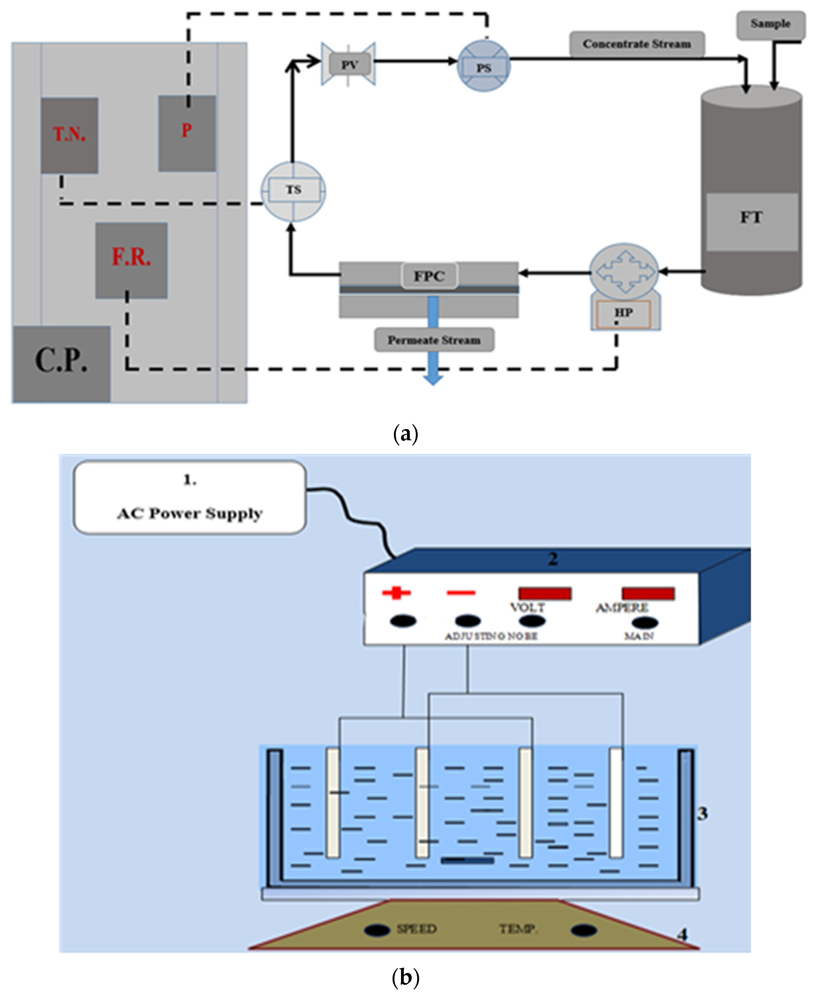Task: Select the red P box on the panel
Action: click(x=187, y=133)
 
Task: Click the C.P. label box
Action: click(x=61, y=364)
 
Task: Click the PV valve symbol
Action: click(x=349, y=64)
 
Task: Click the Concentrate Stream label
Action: click(x=637, y=44)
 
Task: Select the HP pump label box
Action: click(x=623, y=313)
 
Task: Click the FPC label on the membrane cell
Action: click(x=429, y=276)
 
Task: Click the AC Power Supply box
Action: click(x=190, y=497)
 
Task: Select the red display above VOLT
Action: click(x=545, y=593)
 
